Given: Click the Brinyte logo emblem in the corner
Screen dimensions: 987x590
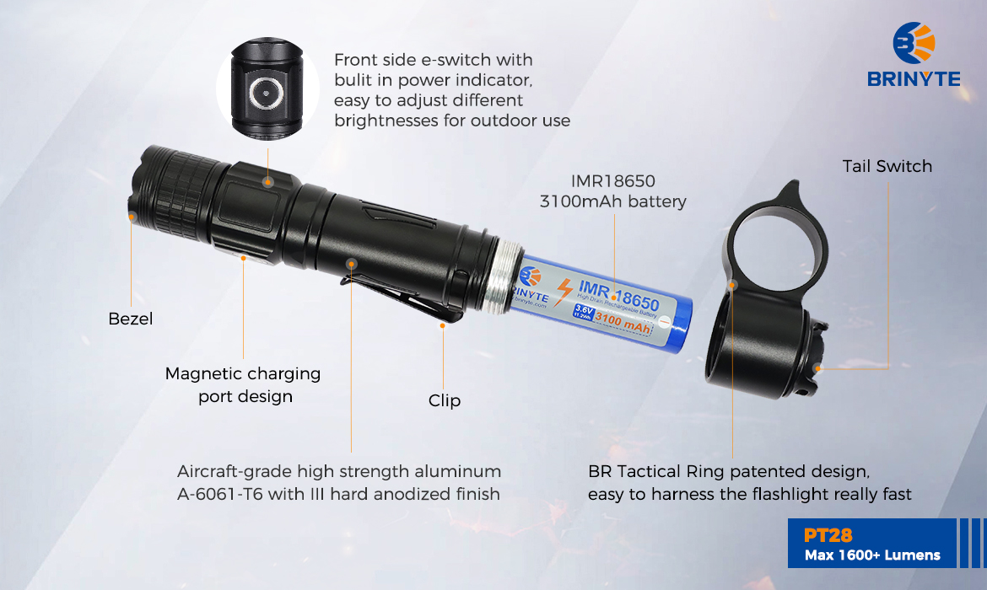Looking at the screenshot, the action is tap(914, 43).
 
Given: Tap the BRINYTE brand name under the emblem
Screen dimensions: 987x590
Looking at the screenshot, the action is tap(914, 79).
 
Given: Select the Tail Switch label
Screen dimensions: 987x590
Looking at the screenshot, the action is tap(887, 166).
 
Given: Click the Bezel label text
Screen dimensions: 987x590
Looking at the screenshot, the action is tap(130, 319).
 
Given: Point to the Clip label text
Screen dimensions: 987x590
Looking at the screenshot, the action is tap(445, 400).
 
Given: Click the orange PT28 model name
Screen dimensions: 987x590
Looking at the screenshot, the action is tap(828, 535).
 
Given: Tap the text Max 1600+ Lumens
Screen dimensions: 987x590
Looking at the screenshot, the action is tap(872, 555).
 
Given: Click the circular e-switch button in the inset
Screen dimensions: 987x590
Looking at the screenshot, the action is tap(266, 93).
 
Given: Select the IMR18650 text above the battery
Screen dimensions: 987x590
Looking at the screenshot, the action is tap(613, 181).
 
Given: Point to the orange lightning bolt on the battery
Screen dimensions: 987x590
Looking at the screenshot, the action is tap(564, 292).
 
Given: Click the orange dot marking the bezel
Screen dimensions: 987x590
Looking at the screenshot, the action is tap(132, 217).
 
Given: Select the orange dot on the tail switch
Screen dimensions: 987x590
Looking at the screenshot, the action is tap(817, 368).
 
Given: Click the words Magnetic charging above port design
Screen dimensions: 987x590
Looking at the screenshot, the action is tap(243, 373).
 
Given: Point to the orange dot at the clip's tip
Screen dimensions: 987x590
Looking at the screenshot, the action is tap(443, 325).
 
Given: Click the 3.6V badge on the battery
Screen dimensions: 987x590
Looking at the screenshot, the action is tap(584, 310).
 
